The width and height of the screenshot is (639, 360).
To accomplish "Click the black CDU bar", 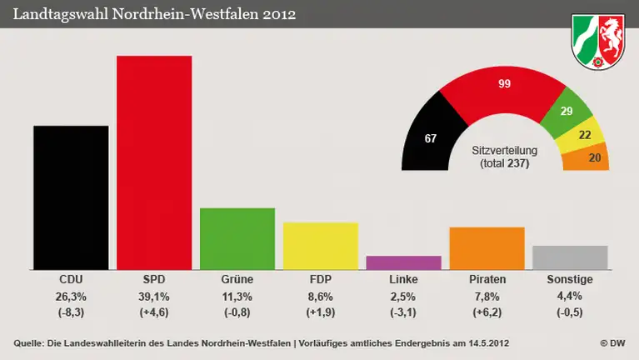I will [x=71, y=197].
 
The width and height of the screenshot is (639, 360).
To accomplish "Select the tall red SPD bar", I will [x=154, y=162].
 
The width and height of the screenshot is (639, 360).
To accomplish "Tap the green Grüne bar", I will [x=237, y=238].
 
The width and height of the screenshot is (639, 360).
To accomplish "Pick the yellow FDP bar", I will [x=321, y=246].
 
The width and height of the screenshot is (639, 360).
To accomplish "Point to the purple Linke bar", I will [x=403, y=262].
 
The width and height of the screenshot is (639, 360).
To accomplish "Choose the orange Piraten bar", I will [x=487, y=248].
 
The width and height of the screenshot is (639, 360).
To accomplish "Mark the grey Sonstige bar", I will [x=570, y=257].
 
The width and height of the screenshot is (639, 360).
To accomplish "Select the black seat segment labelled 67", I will [x=429, y=137].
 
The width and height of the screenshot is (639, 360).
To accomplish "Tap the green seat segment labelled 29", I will [x=568, y=112].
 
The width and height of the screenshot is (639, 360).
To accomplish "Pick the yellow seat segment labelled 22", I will [x=586, y=135].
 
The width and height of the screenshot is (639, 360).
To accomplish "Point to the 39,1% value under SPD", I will [x=154, y=296].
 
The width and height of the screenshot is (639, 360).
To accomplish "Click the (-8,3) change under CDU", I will [x=71, y=312].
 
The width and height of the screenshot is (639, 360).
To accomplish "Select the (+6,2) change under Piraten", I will [x=487, y=312].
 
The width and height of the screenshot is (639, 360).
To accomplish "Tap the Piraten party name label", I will [x=487, y=279].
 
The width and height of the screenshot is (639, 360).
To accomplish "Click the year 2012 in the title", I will [x=279, y=14].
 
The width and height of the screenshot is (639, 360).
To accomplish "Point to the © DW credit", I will [x=613, y=343].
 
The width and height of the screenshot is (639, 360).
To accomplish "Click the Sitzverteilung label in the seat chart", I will [x=504, y=150].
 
